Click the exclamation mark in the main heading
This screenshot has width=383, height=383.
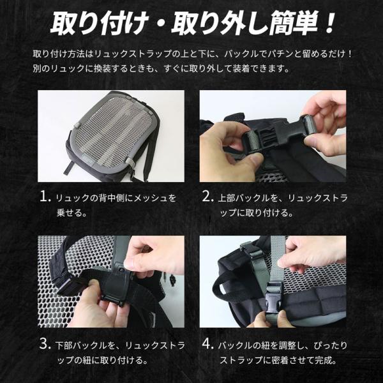click(329, 23)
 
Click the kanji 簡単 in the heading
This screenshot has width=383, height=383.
click(294, 24)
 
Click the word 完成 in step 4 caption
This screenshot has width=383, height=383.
click(323, 360)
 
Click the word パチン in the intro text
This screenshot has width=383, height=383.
click(280, 54)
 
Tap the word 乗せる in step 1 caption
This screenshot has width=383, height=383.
click(69, 213)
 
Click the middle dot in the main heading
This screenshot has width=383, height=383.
click(160, 24)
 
